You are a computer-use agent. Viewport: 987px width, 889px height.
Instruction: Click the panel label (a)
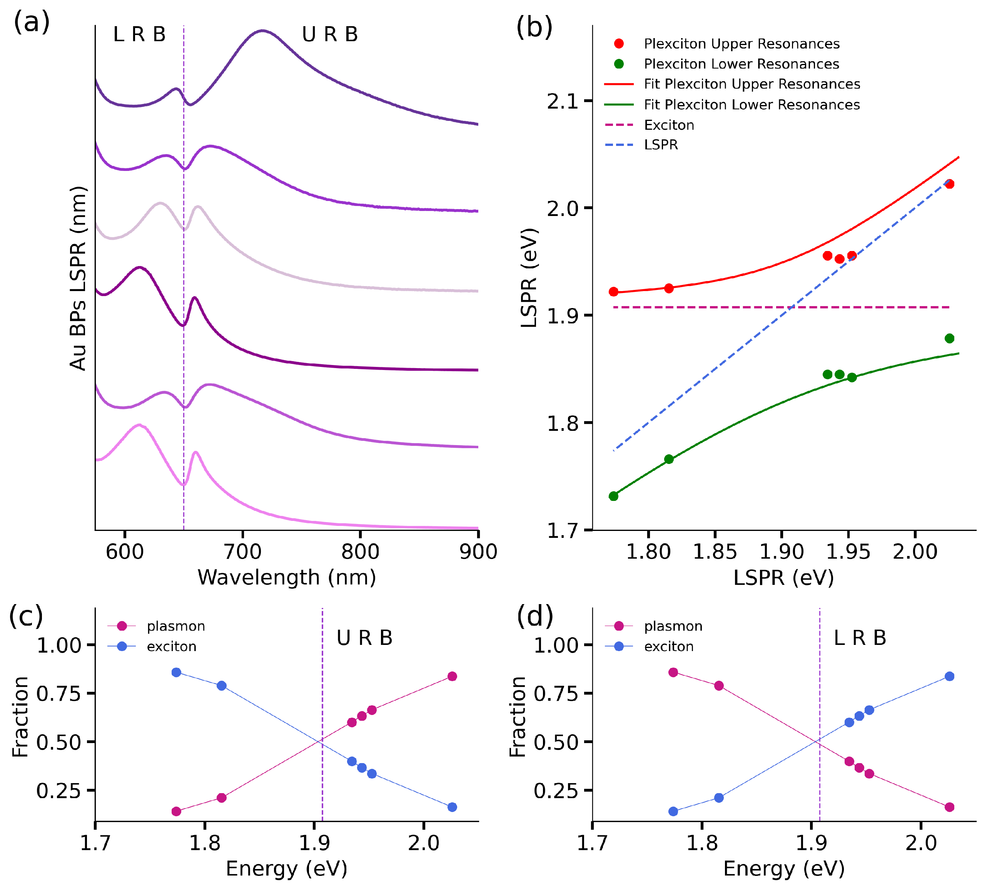pos(32,22)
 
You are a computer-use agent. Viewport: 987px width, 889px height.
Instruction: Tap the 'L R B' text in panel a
pos(139,34)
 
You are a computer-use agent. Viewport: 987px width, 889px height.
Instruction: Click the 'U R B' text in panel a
pos(330,34)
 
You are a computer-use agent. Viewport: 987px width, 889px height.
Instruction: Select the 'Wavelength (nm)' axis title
pos(287,578)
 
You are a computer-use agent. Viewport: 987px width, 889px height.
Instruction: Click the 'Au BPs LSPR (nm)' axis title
pos(78,278)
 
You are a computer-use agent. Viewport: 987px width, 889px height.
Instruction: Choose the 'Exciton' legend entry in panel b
pos(669,125)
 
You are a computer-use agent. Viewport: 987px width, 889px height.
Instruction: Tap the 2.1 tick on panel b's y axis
pos(562,102)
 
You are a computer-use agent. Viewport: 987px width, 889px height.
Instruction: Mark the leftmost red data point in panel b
pos(614,291)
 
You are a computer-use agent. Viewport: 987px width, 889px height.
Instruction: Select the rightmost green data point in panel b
pos(949,338)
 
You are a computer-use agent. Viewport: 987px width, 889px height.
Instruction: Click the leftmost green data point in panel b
pos(614,496)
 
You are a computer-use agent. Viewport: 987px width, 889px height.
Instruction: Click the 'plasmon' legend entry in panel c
pos(176,626)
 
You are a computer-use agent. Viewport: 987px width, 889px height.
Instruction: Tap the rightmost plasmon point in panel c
pos(452,676)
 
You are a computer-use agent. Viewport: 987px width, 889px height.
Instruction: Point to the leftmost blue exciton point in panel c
pos(176,673)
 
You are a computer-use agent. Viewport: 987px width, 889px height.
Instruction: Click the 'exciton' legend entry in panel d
pos(669,647)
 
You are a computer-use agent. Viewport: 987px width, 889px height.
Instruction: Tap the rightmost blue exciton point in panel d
pos(949,676)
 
